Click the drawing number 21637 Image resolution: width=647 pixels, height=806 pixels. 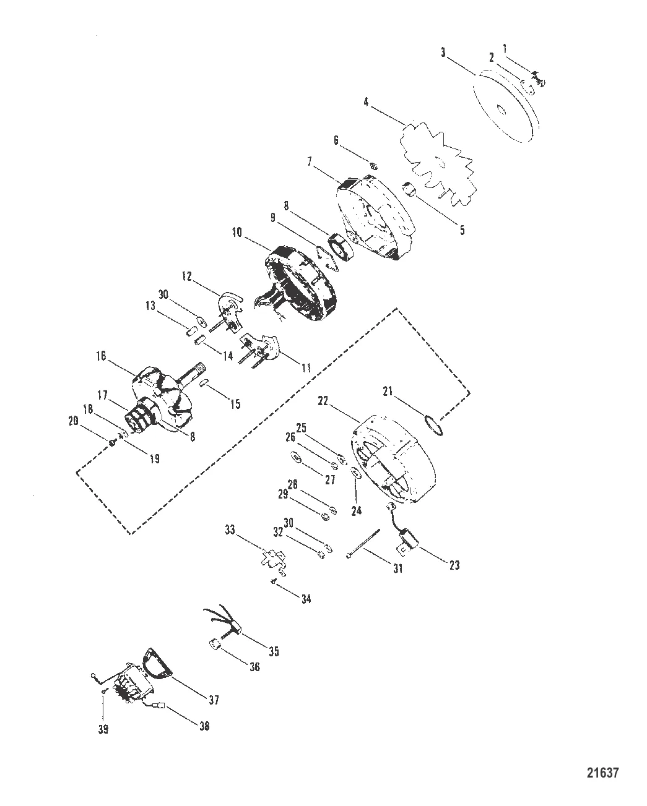(602, 773)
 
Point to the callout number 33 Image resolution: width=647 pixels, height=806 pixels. (230, 530)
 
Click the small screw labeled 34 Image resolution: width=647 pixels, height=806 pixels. (273, 580)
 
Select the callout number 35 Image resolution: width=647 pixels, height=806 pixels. (274, 651)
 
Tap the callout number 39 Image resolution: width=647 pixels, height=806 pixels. (103, 729)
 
